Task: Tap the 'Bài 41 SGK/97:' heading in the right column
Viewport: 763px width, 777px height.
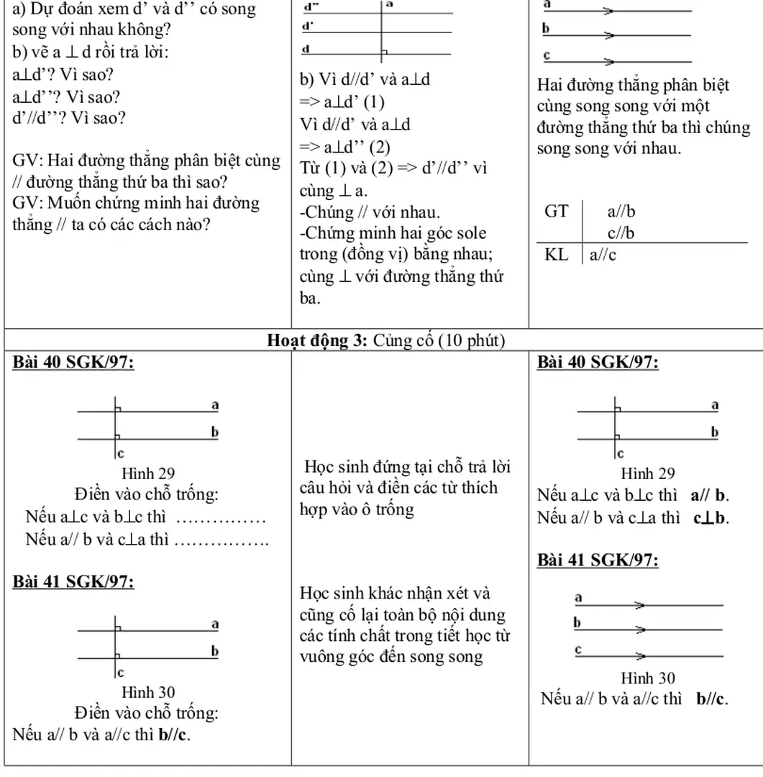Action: point(598,560)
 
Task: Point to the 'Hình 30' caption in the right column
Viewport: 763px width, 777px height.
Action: point(647,678)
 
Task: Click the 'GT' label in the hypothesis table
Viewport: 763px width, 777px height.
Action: point(557,212)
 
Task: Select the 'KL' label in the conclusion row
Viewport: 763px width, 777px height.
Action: point(556,255)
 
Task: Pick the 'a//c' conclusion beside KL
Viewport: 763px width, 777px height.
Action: point(603,255)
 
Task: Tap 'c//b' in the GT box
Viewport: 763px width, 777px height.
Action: point(621,233)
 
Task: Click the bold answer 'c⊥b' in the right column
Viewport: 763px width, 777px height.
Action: point(711,517)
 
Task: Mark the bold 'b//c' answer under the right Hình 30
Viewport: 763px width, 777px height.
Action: point(712,698)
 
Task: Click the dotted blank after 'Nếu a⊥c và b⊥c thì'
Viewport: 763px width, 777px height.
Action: point(221,518)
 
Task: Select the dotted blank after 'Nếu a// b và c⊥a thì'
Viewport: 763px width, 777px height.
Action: point(221,540)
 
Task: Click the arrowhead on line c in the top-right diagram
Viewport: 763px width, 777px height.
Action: point(609,62)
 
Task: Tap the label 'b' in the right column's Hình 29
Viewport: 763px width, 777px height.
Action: point(714,432)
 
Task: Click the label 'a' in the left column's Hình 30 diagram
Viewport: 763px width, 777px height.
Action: point(214,624)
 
